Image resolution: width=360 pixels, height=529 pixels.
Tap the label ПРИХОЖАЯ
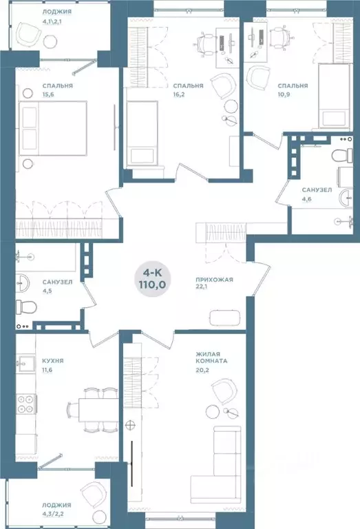pyautogui.click(x=214, y=280)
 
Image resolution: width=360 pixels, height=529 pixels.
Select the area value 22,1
pyautogui.click(x=202, y=287)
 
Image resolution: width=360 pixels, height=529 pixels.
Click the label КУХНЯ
pyautogui.click(x=53, y=361)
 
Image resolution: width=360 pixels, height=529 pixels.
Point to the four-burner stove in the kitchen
pyautogui.click(x=26, y=404)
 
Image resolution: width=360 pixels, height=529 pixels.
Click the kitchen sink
pyautogui.click(x=26, y=364)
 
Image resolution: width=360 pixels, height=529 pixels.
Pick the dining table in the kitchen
pyautogui.click(x=98, y=410)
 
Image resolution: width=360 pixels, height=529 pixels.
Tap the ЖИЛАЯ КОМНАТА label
pyautogui.click(x=212, y=357)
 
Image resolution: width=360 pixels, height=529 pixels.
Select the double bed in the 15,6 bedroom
pyautogui.click(x=53, y=128)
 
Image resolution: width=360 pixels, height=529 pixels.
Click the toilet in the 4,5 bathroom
pyautogui.click(x=26, y=307)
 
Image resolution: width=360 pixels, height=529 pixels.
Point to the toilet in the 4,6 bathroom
pyautogui.click(x=343, y=156)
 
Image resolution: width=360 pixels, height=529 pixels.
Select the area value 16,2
pyautogui.click(x=179, y=94)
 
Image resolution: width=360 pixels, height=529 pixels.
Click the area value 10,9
pyautogui.click(x=284, y=94)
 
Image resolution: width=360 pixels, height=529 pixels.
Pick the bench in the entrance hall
pyautogui.click(x=225, y=318)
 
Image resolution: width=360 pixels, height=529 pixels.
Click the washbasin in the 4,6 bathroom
pyautogui.click(x=346, y=198)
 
